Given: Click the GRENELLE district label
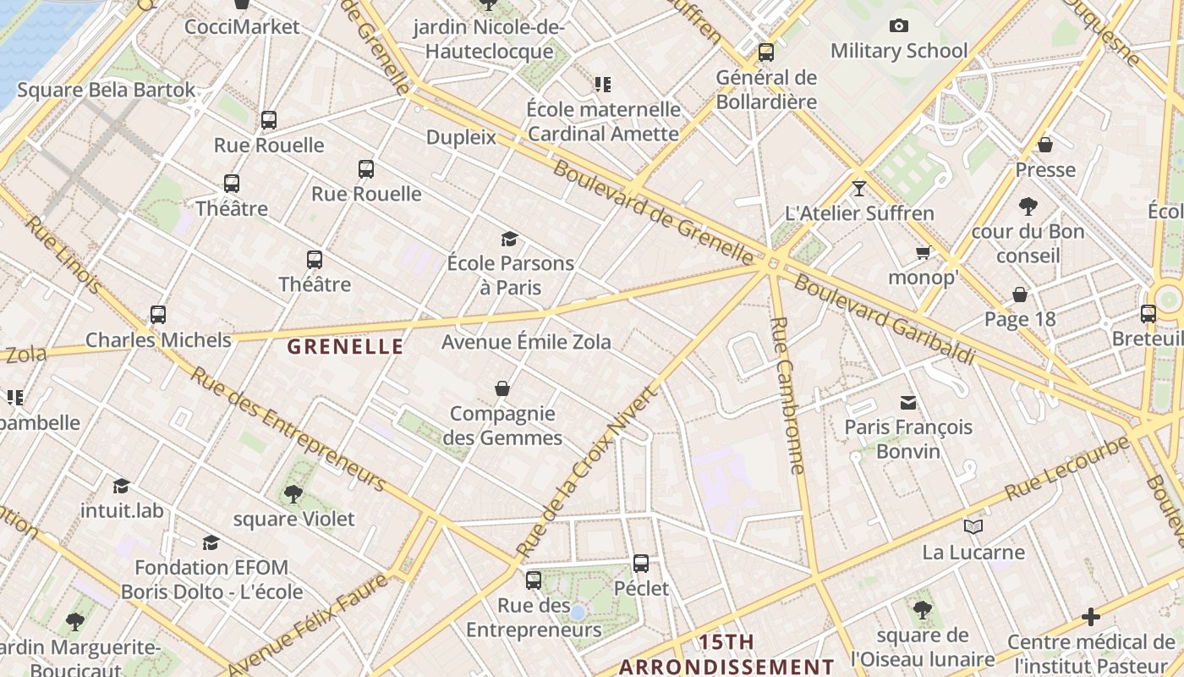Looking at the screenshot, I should tap(345, 346).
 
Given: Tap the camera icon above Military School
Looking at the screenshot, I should tap(899, 26).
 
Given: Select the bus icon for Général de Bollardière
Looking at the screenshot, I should tap(766, 52).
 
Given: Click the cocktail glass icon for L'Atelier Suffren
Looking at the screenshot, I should tap(859, 188).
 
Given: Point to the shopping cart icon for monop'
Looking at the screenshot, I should tap(923, 252).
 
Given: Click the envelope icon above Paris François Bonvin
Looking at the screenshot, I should tap(908, 402).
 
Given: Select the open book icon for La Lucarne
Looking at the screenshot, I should tap(973, 527).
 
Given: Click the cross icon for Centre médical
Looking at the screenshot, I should tap(1091, 617).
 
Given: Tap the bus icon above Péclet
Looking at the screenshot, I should tap(641, 563).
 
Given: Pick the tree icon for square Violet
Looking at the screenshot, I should tap(293, 493).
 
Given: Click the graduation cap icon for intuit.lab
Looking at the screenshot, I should tap(122, 486).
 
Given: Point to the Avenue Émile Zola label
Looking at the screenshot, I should tap(526, 343).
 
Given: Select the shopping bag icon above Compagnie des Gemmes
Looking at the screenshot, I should tap(502, 388).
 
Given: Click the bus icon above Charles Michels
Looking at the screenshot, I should tap(158, 315).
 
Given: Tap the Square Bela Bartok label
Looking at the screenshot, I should tap(106, 90).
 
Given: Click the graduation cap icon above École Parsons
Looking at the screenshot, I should tap(509, 239).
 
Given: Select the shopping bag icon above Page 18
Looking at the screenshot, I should tap(1020, 294).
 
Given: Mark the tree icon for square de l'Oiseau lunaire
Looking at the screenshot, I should tap(923, 609).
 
